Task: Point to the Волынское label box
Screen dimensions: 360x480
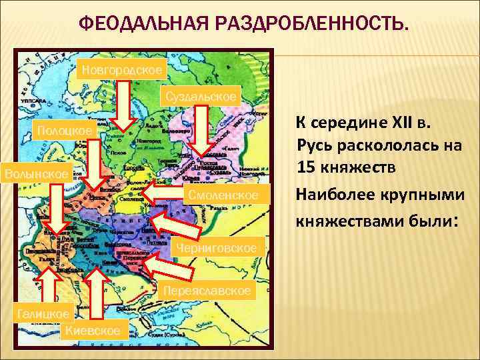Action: pyautogui.click(x=36, y=173)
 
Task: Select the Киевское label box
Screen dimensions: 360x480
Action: pyautogui.click(x=94, y=329)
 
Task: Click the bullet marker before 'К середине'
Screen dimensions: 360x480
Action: pyautogui.click(x=285, y=124)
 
